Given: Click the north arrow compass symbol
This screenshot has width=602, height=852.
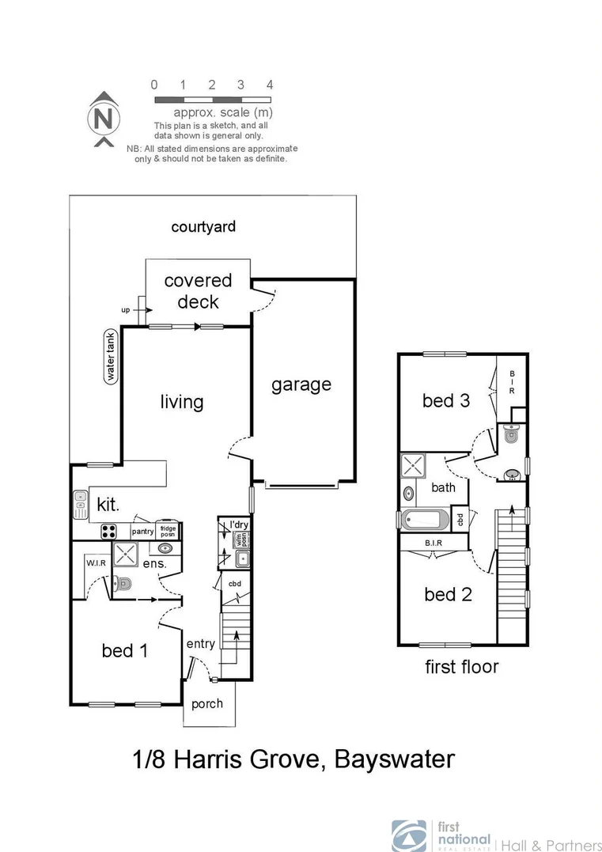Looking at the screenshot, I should [x=102, y=119].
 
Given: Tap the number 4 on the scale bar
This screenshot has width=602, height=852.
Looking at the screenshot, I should [x=270, y=85].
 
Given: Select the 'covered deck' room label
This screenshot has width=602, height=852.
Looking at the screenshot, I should [x=198, y=291].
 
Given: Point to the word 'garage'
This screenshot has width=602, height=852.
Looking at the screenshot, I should [x=301, y=385].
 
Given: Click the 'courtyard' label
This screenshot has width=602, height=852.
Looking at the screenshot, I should [x=203, y=227].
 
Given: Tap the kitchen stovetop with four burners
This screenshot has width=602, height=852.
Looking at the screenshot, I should [x=109, y=532].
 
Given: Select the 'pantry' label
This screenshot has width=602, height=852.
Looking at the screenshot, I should [x=142, y=532].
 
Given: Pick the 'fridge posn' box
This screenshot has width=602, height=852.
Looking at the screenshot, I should [x=168, y=531].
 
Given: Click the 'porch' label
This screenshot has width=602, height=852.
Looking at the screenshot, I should [x=207, y=703].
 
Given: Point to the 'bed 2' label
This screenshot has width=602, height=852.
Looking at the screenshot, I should [x=448, y=594].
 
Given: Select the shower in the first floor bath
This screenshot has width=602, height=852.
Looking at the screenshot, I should [x=414, y=464].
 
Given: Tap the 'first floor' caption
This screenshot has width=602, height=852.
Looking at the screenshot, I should [x=462, y=666].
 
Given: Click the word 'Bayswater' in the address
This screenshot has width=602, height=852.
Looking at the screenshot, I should [x=395, y=760].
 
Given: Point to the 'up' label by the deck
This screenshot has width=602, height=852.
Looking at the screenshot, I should [x=125, y=311].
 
